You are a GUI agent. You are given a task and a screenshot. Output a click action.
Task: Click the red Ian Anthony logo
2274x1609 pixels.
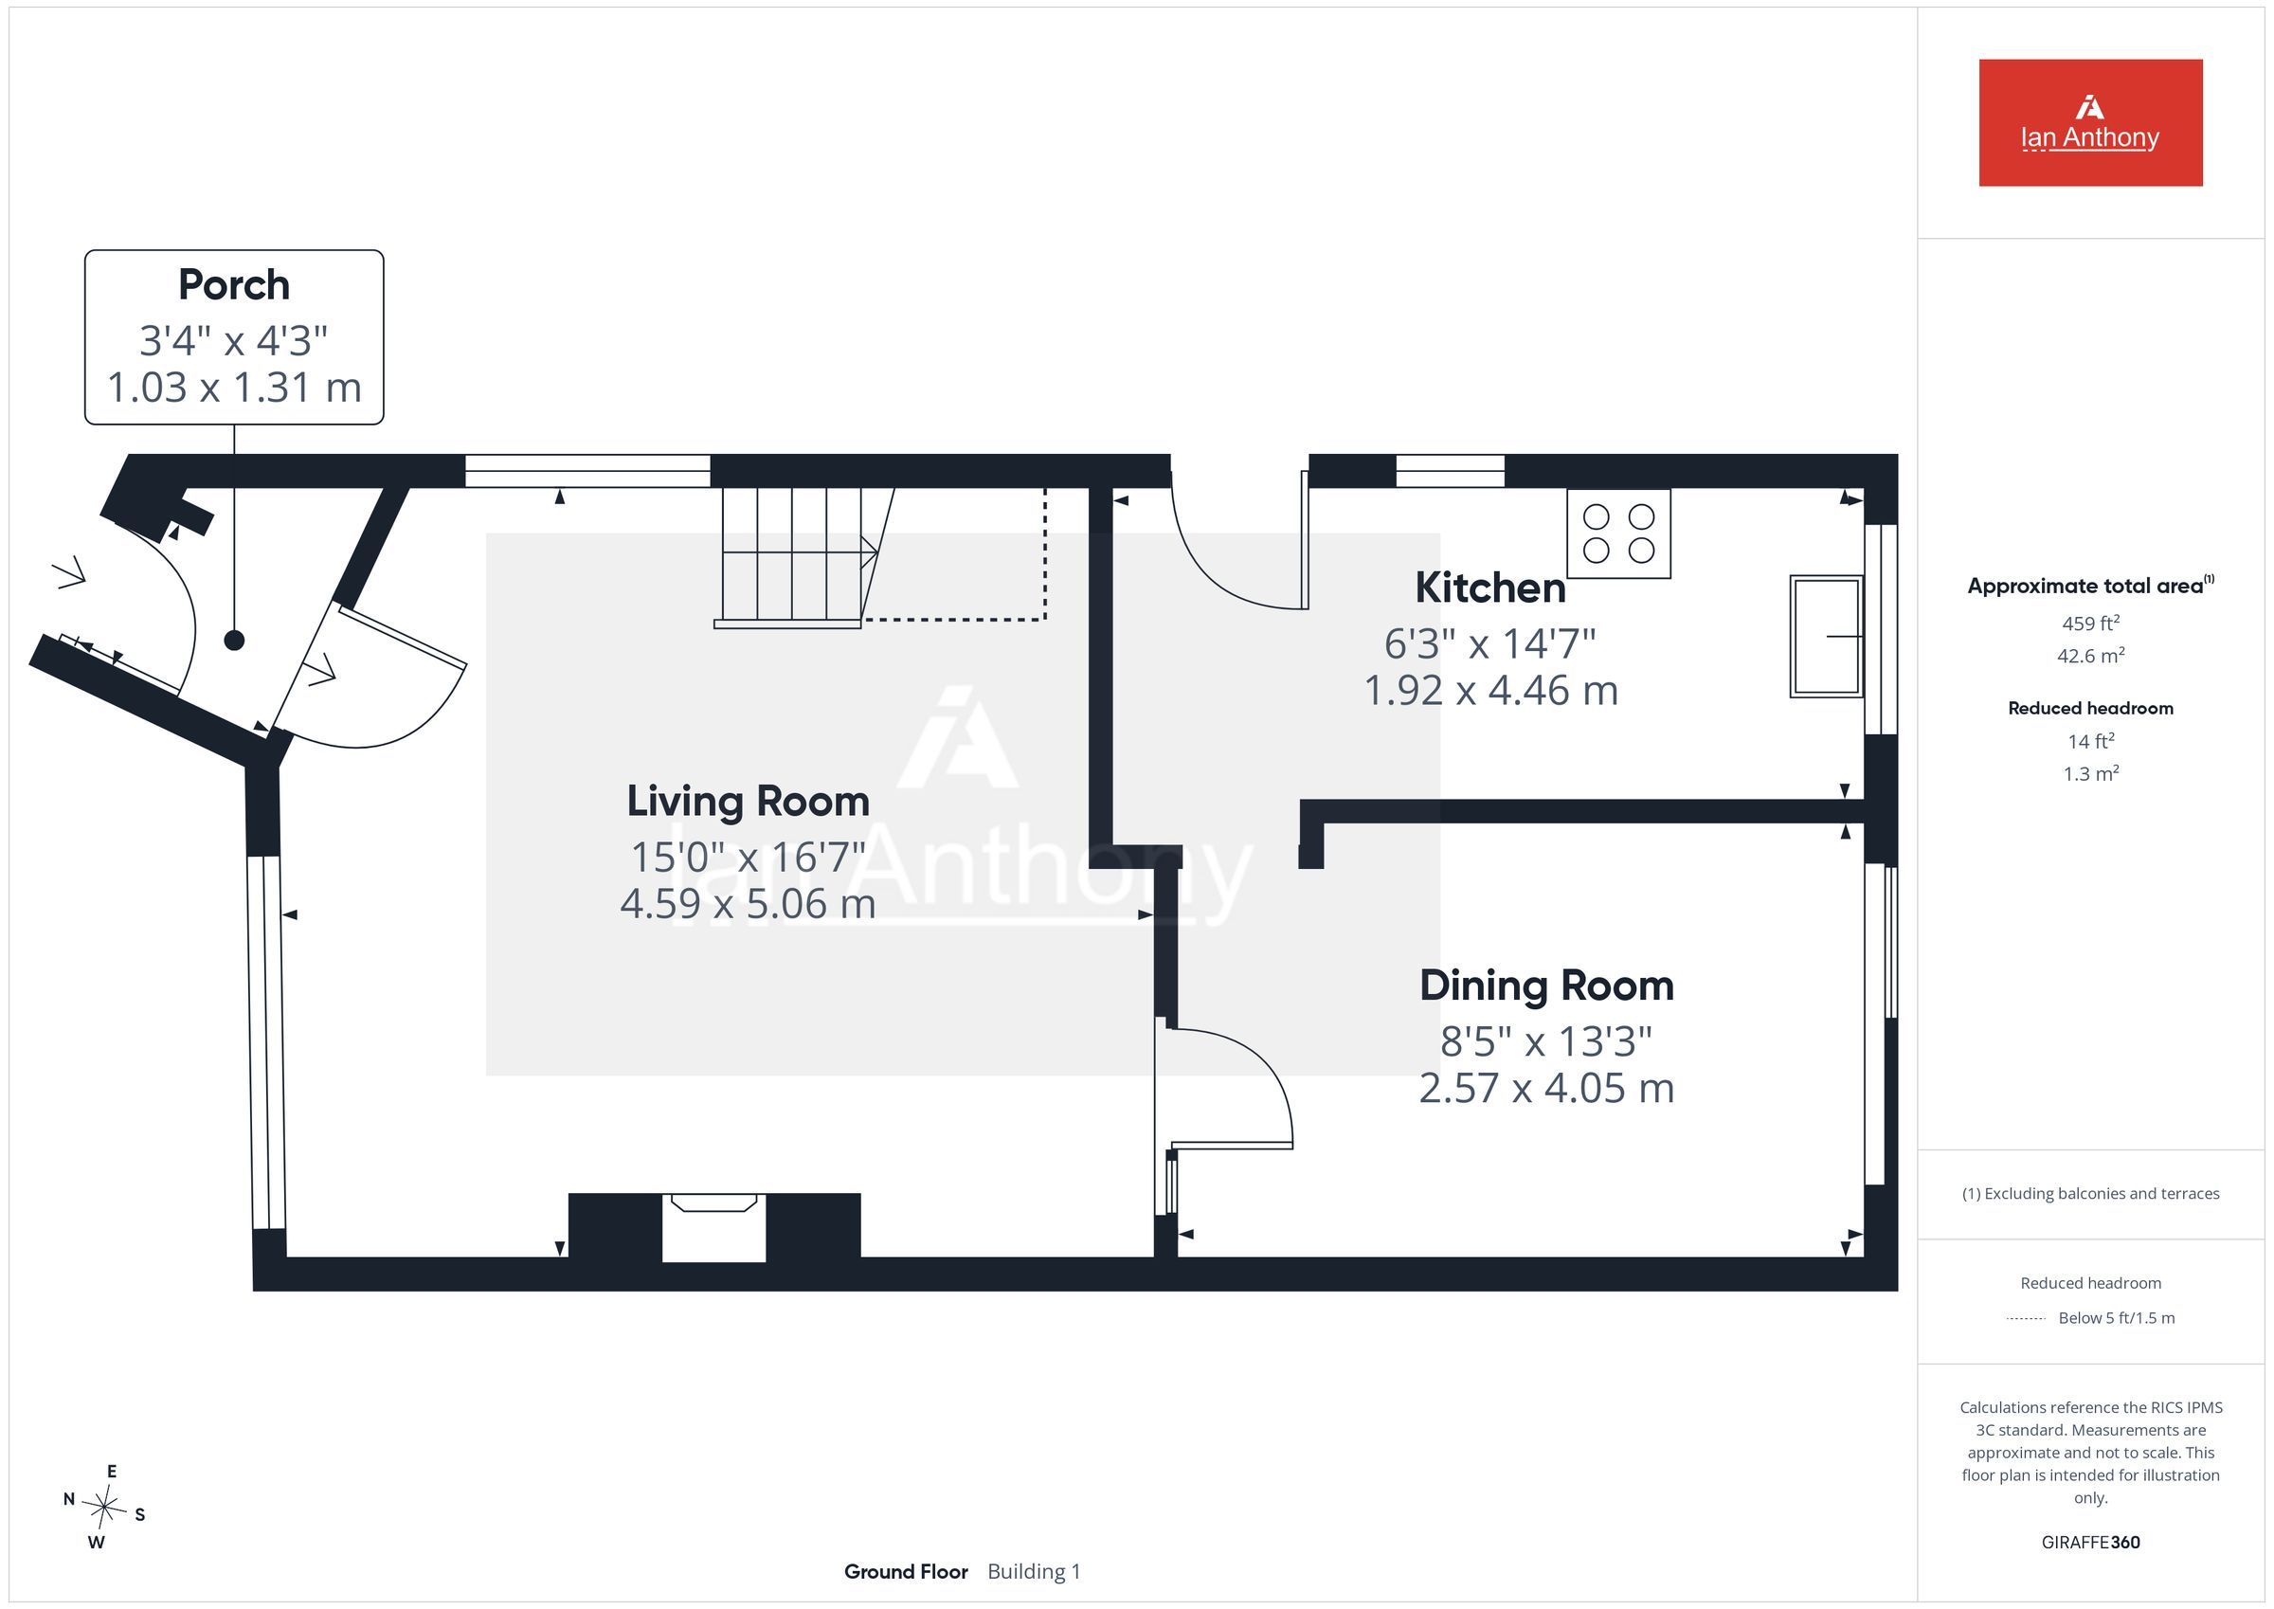point(2090,123)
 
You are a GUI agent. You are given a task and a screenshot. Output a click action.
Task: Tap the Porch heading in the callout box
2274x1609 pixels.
point(234,285)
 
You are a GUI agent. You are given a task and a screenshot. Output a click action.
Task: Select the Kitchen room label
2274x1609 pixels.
point(1489,588)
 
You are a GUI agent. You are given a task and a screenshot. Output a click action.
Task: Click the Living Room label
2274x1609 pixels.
point(748,802)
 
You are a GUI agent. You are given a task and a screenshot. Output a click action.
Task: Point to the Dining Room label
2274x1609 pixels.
point(1546,985)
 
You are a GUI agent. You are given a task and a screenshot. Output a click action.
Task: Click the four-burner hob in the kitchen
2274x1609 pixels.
point(1618,533)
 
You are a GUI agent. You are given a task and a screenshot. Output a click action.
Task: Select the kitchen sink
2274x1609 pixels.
point(1827,636)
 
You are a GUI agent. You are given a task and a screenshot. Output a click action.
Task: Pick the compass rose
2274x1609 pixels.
point(104,1507)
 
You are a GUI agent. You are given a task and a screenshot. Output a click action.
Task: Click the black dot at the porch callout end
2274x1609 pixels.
point(234,640)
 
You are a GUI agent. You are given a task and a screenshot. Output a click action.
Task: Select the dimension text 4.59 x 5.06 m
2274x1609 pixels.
point(748,904)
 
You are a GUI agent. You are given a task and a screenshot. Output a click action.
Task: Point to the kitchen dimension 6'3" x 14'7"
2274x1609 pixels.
point(1489,644)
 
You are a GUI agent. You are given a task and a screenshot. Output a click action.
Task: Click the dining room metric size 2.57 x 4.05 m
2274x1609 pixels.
point(1546,1088)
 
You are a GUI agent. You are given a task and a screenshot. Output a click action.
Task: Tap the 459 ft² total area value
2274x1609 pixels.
point(2090,624)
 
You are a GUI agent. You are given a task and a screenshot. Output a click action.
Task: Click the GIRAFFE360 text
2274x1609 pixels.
point(2090,1543)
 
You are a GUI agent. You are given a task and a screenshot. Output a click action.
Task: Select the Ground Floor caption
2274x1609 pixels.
point(905,1571)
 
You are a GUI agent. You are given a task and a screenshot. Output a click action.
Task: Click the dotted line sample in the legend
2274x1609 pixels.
point(2026,1319)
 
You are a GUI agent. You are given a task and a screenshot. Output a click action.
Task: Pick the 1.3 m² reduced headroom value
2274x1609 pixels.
point(2090,774)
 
